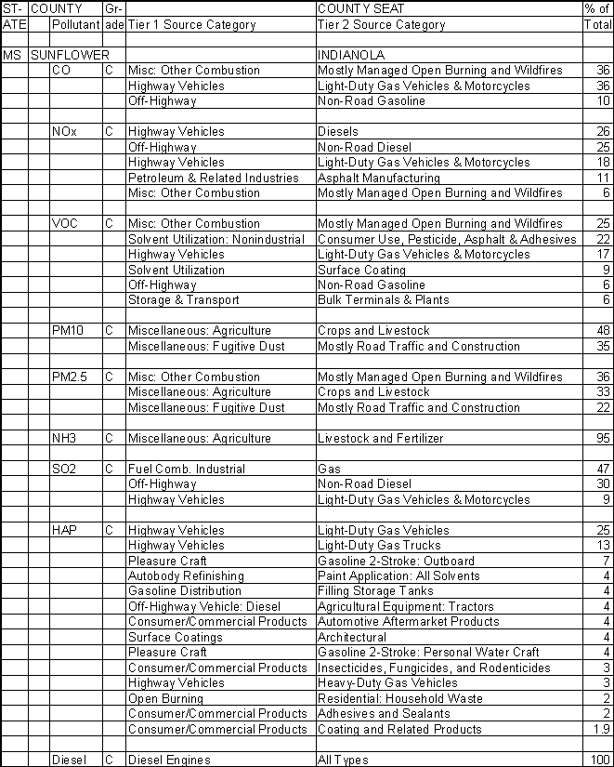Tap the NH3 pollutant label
64,439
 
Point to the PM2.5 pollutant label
70,377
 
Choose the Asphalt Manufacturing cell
378,178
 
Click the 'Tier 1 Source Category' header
191,25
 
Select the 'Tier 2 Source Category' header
382,25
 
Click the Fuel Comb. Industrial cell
175,469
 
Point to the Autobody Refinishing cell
186,576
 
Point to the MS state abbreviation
12,56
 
